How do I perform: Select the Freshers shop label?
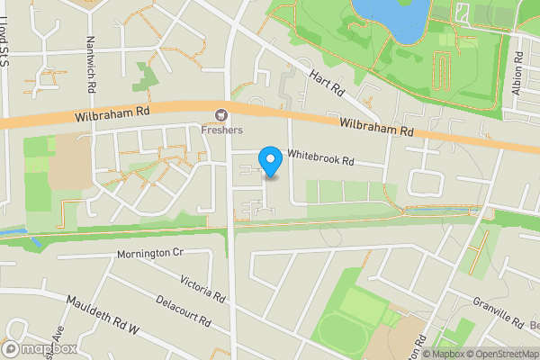pos(221,130)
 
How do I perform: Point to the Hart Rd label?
pos(327,84)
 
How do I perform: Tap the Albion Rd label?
pos(518,65)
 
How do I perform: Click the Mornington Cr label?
pos(149,254)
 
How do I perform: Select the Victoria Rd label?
pos(202,288)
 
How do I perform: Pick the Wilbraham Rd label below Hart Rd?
pos(376,128)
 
